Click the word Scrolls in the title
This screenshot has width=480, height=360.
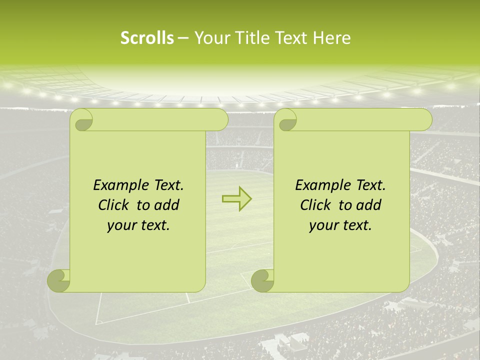click(x=147, y=38)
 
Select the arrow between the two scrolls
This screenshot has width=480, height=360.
click(x=236, y=199)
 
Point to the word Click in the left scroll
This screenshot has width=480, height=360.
click(x=114, y=205)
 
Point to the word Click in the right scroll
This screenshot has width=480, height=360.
click(x=316, y=205)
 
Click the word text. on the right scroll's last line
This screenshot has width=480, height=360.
click(x=355, y=226)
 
